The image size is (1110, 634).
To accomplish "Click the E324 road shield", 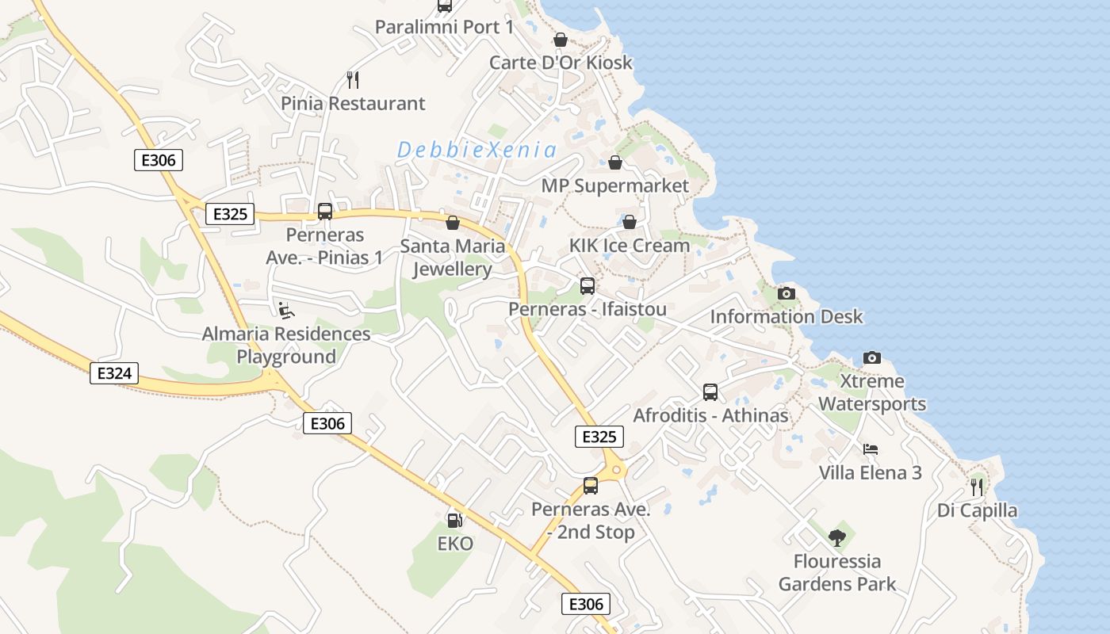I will pos(114,373).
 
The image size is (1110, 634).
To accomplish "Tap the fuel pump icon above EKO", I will pos(455,521).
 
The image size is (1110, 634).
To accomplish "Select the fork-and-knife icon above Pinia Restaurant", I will pos(353,79).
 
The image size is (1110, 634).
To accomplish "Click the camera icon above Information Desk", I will pos(786,293).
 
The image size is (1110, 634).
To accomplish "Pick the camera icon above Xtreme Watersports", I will pos(871,357).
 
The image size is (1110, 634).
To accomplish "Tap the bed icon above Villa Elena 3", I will pos(870,449).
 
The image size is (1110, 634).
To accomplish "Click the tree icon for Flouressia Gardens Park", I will pos(836,538).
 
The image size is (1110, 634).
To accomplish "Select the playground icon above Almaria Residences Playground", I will pos(286,310).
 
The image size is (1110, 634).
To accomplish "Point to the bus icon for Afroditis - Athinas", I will pos(710,391).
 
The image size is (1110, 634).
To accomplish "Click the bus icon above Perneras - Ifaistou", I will pos(588,285).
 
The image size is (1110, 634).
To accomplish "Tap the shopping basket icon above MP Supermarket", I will pos(614,162).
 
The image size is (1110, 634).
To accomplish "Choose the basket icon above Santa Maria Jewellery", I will pos(453,223).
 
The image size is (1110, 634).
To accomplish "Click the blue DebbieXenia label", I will pos(477,150).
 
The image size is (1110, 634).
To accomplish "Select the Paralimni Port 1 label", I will pos(444,27).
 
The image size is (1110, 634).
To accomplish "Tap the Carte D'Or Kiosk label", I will pos(561,63).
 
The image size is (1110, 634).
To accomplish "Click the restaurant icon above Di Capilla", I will pos(977,487).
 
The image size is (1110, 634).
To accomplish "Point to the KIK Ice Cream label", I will pos(630,246).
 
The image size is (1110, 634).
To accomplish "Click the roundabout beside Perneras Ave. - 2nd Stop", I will pos(615,471).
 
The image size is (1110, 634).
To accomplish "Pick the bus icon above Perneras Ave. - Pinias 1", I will pos(324,212).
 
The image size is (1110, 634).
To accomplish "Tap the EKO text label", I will pos(455,544).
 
